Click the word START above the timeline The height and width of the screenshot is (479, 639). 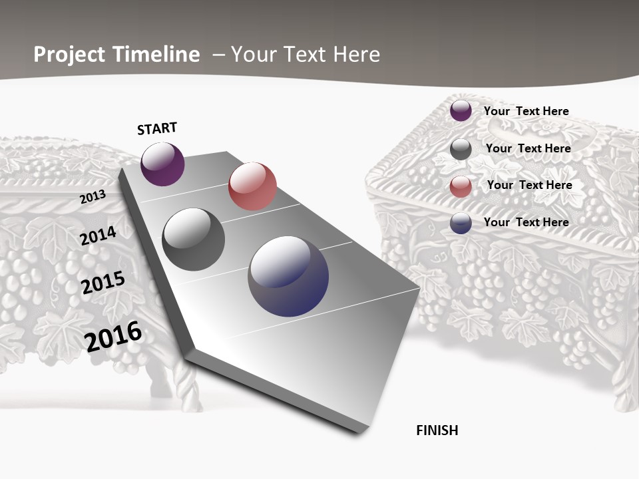(157, 128)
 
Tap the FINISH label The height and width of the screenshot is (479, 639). (437, 430)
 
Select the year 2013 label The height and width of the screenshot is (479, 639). (93, 197)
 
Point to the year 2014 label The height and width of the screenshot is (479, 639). (98, 236)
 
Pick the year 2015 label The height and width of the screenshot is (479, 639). (103, 283)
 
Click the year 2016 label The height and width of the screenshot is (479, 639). (113, 336)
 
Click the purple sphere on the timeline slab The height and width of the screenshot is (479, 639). (162, 164)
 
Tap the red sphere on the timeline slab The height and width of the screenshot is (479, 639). (252, 186)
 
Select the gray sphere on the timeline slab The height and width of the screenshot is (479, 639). (194, 239)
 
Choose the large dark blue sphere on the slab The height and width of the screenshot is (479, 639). (288, 276)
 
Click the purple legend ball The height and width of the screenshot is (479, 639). (461, 110)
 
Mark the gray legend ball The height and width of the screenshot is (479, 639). (461, 149)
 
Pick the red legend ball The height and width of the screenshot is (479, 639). (461, 187)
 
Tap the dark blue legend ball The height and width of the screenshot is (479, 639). (461, 223)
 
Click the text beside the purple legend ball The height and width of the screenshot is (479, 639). (526, 111)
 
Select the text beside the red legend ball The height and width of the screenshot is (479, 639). (529, 185)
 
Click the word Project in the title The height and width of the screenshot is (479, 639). (69, 55)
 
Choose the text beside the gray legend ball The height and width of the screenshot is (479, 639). (528, 148)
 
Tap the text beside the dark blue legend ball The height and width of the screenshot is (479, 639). (526, 222)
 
